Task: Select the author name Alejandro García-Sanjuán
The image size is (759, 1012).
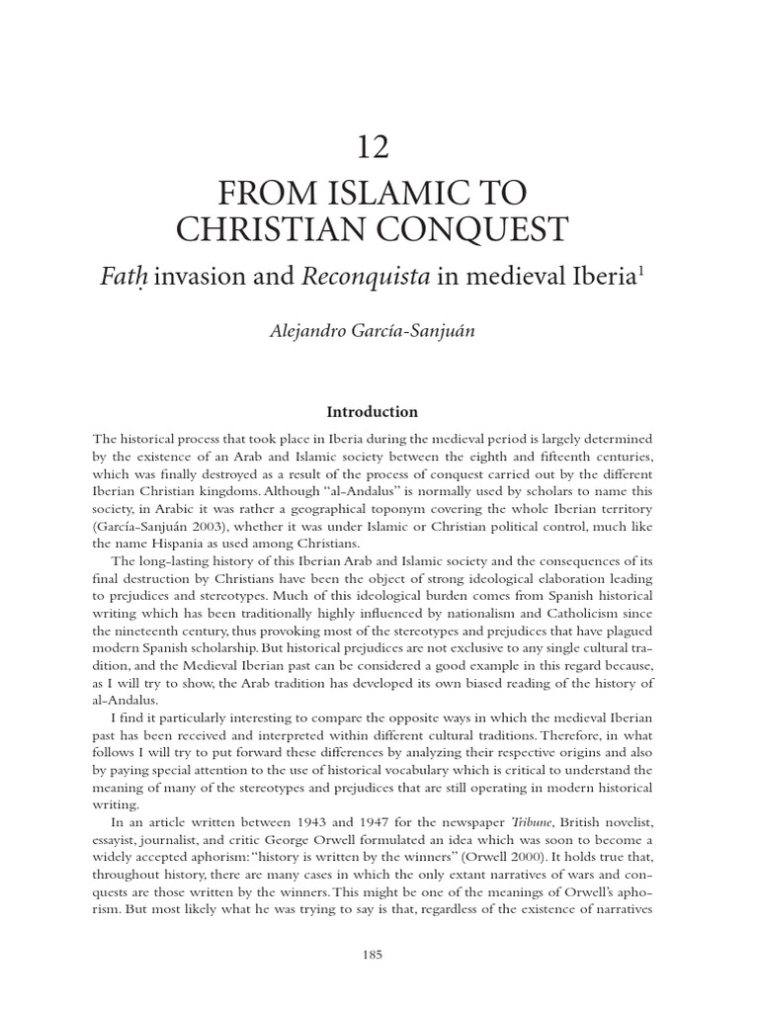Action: [372, 332]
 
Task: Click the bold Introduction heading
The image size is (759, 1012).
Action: [372, 412]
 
